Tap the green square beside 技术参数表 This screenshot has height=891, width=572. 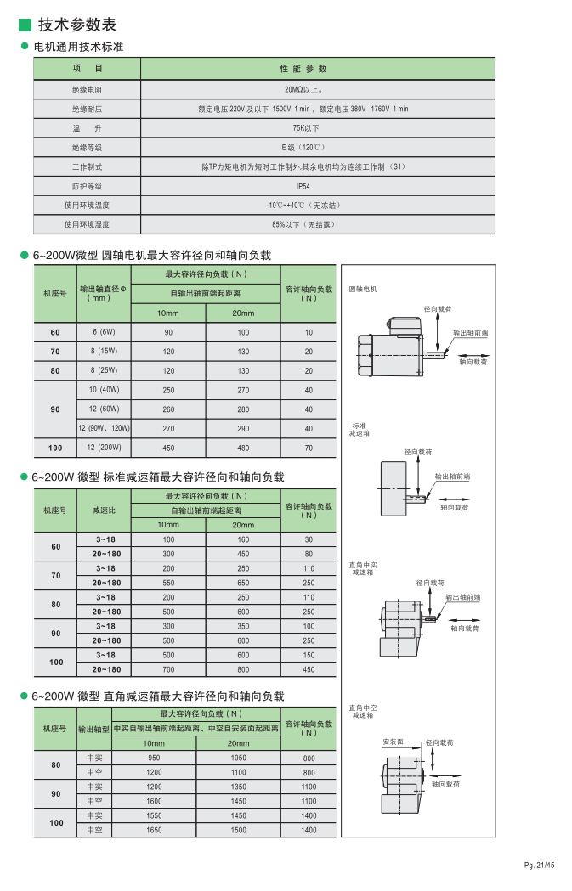(x=25, y=25)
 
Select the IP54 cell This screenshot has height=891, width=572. (x=303, y=186)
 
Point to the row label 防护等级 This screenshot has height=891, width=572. (x=87, y=186)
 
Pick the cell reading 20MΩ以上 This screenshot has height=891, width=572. (x=303, y=89)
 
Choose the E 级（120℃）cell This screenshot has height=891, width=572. (x=303, y=148)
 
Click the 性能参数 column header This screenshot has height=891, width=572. (x=303, y=69)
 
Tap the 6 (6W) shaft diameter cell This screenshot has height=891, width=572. (x=104, y=332)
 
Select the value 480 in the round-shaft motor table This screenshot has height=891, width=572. (x=243, y=448)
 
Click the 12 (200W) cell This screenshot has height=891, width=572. (x=104, y=448)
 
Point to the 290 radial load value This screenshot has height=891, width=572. (x=243, y=429)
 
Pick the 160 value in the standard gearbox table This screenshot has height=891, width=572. (x=243, y=540)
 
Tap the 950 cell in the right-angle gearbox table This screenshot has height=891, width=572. (x=154, y=758)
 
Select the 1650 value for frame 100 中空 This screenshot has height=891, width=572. (x=154, y=831)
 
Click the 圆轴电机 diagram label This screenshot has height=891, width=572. (x=363, y=290)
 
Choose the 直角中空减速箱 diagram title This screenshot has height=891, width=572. (x=363, y=711)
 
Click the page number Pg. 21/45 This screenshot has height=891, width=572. (x=539, y=866)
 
